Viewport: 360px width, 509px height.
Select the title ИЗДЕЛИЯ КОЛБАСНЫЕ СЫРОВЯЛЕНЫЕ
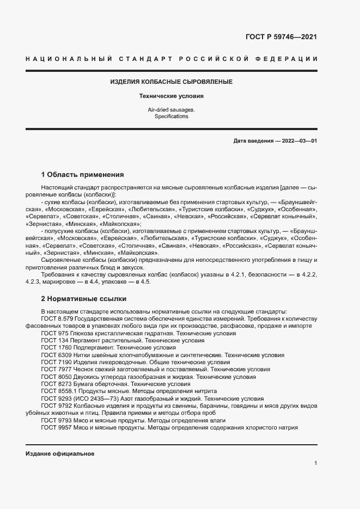(171, 82)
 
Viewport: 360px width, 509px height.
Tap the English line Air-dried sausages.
(171, 109)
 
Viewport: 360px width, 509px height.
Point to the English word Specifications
(171, 116)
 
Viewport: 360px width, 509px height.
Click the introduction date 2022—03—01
(297, 141)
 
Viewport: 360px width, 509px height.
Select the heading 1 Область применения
(82, 175)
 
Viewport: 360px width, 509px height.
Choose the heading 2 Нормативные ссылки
(83, 299)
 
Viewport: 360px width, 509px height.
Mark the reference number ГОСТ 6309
(54, 355)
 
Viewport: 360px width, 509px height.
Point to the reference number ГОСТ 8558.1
(57, 391)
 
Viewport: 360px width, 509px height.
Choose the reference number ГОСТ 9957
(54, 428)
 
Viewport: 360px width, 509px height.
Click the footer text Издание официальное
(60, 454)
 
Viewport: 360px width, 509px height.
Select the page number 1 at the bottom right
(315, 463)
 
